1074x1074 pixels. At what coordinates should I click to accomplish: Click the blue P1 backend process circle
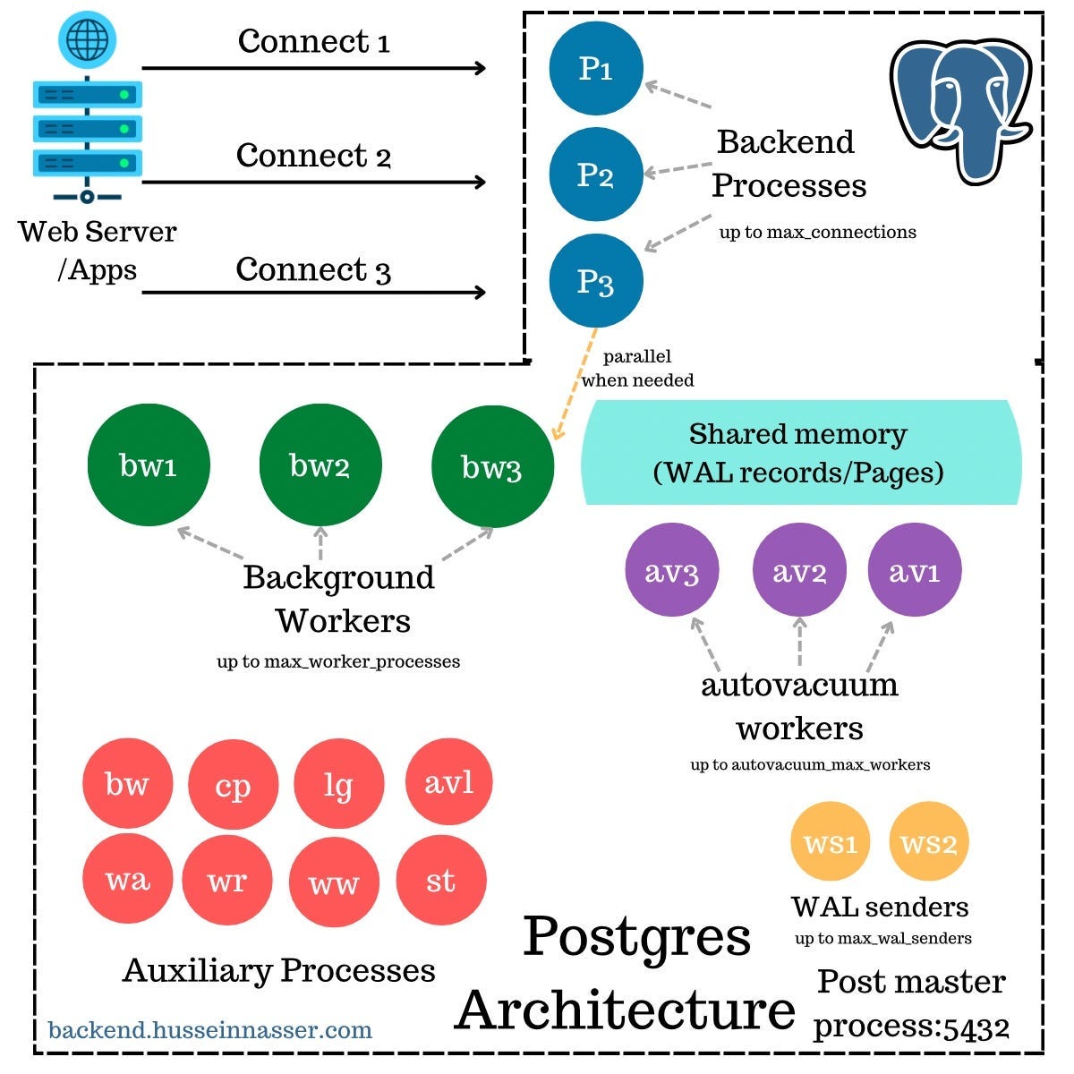tap(596, 69)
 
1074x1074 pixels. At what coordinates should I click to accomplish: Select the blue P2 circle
tap(596, 175)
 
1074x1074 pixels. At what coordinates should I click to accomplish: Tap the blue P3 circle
tap(596, 281)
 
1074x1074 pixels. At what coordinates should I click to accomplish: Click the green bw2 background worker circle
tap(320, 465)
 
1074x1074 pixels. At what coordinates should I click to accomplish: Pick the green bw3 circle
tap(492, 466)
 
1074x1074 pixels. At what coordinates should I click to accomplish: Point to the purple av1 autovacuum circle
tap(915, 571)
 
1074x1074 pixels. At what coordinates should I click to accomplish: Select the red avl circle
tap(449, 783)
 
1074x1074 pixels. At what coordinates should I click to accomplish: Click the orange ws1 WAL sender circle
tap(831, 843)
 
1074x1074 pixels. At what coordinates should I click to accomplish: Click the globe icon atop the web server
tap(87, 39)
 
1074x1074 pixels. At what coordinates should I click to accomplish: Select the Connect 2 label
tap(313, 156)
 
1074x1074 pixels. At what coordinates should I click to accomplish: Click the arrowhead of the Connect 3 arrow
tap(481, 292)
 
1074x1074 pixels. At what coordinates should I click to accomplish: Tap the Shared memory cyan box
tap(799, 453)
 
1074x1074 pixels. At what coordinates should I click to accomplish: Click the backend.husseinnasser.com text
tap(210, 1029)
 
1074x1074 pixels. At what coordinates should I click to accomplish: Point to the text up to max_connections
tap(817, 233)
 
